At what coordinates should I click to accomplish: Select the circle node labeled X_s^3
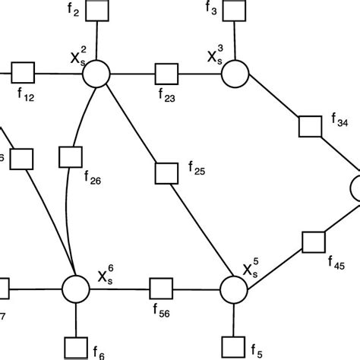click(235, 74)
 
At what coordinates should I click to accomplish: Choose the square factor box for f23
click(166, 74)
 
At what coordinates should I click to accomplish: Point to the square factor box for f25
click(165, 170)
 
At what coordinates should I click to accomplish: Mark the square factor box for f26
click(71, 157)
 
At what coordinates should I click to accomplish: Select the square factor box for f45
click(312, 242)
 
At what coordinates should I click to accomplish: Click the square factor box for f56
click(160, 289)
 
